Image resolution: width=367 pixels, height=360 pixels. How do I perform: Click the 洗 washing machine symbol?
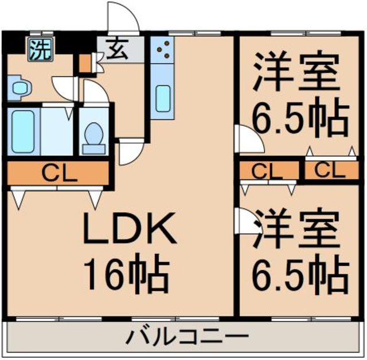tap(40, 49)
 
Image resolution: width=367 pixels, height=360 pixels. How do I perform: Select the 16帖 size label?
tap(127, 274)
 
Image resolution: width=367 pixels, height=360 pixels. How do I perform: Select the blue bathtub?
tap(24, 131)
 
